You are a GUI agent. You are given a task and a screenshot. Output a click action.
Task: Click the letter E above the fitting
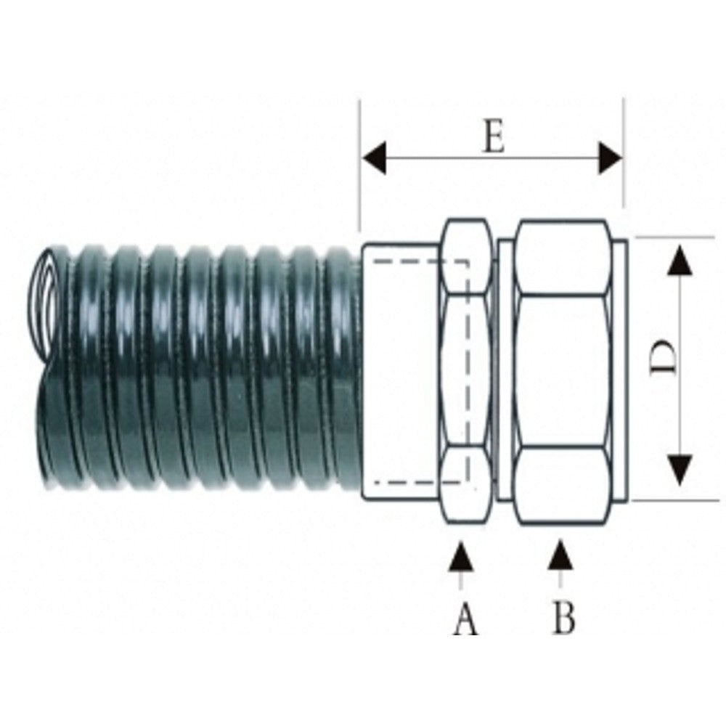494,137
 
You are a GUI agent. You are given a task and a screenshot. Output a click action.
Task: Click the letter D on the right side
663,357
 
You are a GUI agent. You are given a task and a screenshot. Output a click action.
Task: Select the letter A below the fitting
465,620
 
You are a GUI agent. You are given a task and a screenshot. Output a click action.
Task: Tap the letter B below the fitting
564,618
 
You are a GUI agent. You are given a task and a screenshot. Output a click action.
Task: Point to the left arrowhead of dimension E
375,158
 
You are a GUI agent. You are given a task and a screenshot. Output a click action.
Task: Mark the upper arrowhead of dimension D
680,260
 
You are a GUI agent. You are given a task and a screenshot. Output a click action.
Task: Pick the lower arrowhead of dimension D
680,470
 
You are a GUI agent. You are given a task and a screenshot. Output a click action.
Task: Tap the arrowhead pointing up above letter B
560,555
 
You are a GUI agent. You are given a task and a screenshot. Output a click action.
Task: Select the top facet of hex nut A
466,257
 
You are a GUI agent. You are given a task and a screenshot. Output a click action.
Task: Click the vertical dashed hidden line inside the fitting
467,372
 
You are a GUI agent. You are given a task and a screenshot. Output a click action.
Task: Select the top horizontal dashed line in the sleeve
420,262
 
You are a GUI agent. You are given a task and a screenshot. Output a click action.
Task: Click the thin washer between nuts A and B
505,370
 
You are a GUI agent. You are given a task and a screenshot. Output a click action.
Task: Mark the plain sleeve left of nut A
401,371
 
